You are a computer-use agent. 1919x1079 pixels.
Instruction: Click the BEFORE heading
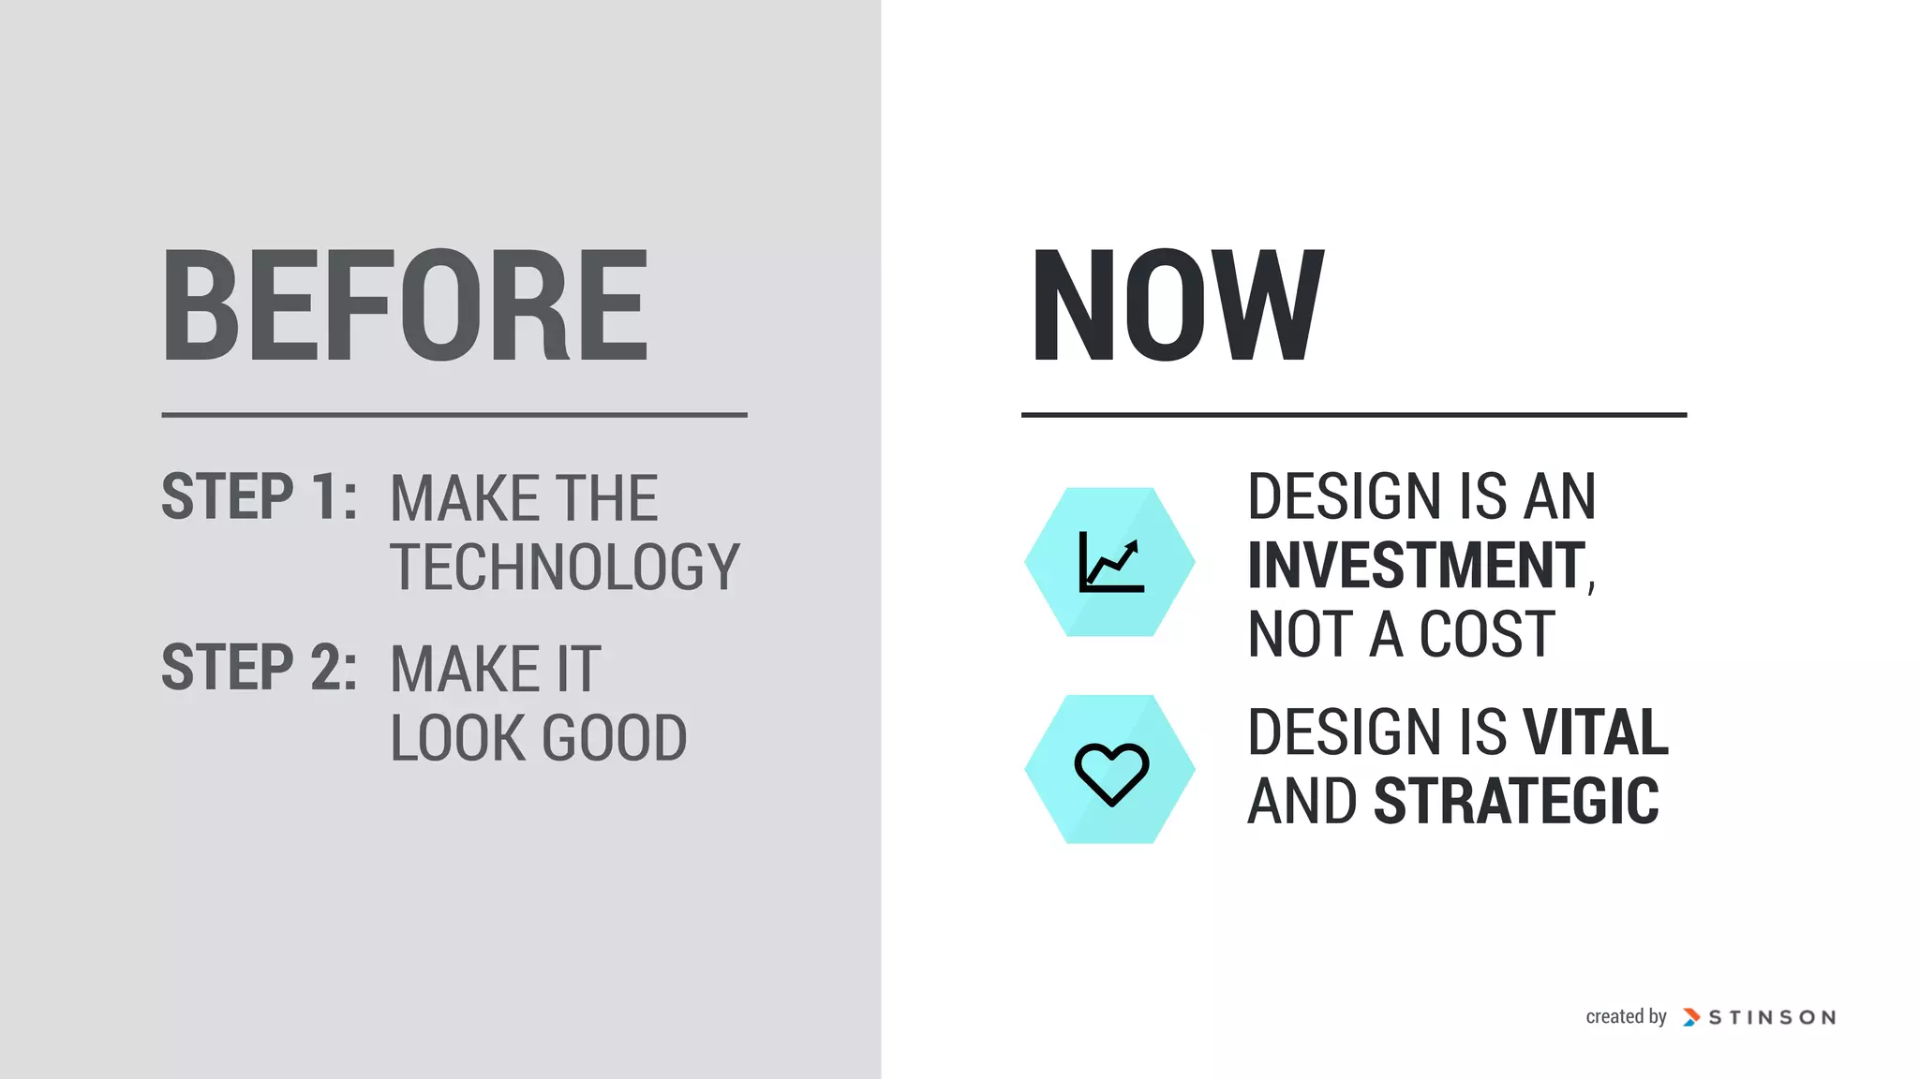click(x=405, y=305)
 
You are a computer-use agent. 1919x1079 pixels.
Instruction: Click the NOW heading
click(x=1177, y=305)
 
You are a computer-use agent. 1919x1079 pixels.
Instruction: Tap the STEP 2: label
click(x=259, y=667)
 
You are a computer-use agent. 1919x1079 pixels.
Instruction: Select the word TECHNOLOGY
click(x=565, y=567)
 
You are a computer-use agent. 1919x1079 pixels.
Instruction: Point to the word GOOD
click(x=614, y=738)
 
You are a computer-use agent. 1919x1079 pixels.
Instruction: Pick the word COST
click(x=1487, y=634)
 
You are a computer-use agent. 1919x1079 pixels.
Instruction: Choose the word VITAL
click(x=1596, y=732)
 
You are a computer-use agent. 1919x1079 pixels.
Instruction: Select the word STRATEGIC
click(x=1516, y=801)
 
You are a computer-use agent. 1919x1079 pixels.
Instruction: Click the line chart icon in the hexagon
click(x=1110, y=562)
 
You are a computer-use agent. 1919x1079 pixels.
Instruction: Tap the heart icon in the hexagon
click(x=1110, y=772)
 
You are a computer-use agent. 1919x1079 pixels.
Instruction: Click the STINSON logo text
click(x=1772, y=1017)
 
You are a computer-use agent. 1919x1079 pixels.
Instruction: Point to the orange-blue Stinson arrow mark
click(x=1691, y=1017)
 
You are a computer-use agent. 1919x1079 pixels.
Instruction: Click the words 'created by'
click(x=1626, y=1016)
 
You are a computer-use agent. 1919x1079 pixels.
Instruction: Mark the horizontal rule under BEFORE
click(x=454, y=414)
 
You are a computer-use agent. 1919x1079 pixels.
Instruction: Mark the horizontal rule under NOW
click(x=1354, y=414)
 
